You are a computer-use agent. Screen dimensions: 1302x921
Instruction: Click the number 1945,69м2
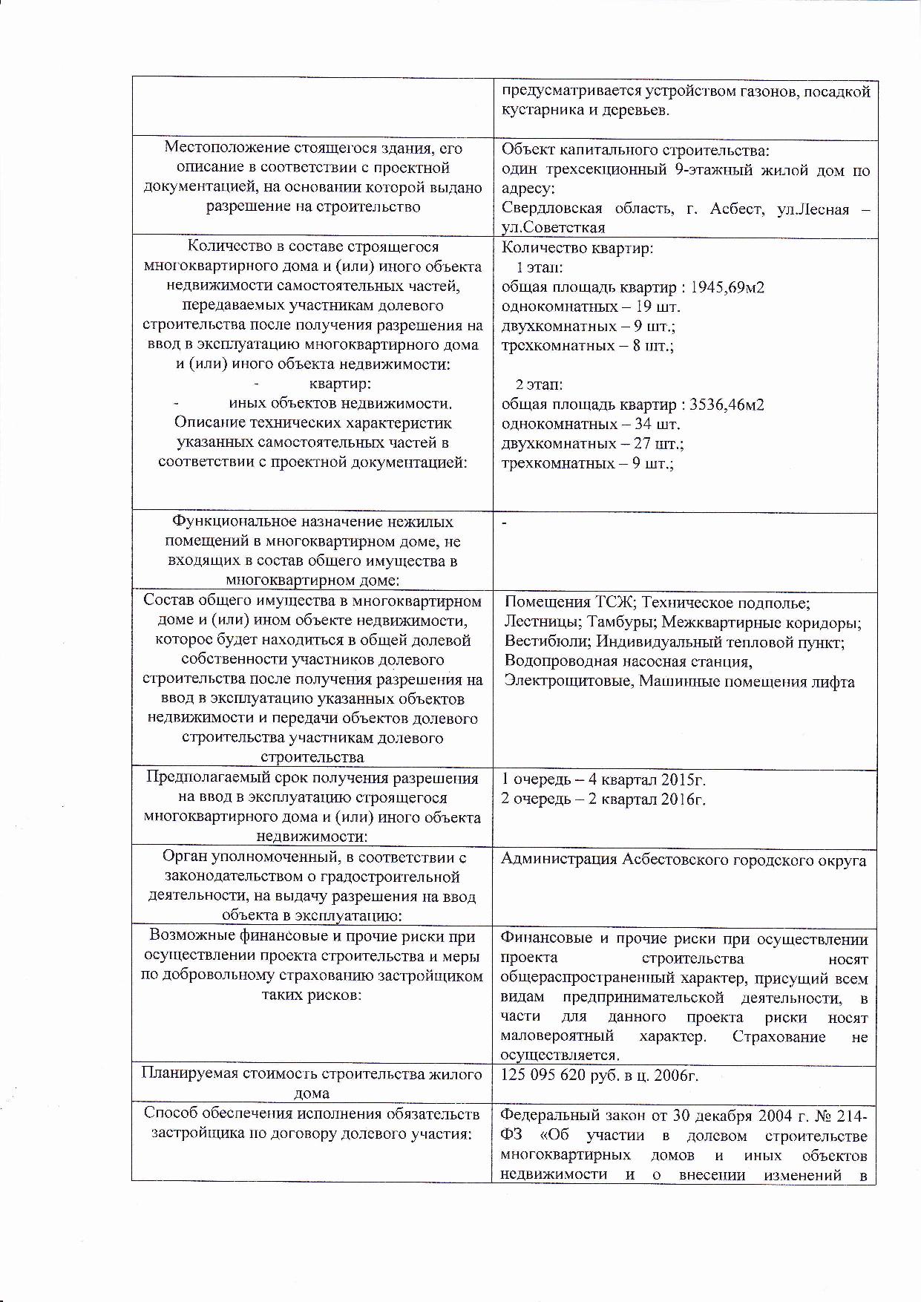coord(727,287)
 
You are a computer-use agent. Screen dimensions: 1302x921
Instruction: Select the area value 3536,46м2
coord(727,405)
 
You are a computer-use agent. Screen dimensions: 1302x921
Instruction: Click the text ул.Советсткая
coord(553,228)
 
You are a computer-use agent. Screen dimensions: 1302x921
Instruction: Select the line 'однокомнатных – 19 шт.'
coord(591,307)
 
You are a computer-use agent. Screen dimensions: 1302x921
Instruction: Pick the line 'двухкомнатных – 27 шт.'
coord(592,444)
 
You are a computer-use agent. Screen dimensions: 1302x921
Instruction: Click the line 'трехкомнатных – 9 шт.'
coord(587,464)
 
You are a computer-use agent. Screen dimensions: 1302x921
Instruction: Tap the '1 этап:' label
coord(540,267)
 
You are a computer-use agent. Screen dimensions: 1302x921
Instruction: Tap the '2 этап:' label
coord(540,385)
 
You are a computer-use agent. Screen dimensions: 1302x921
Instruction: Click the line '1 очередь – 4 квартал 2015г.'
coord(603,779)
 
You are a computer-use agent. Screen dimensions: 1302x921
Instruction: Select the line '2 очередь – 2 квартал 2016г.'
coord(603,799)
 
